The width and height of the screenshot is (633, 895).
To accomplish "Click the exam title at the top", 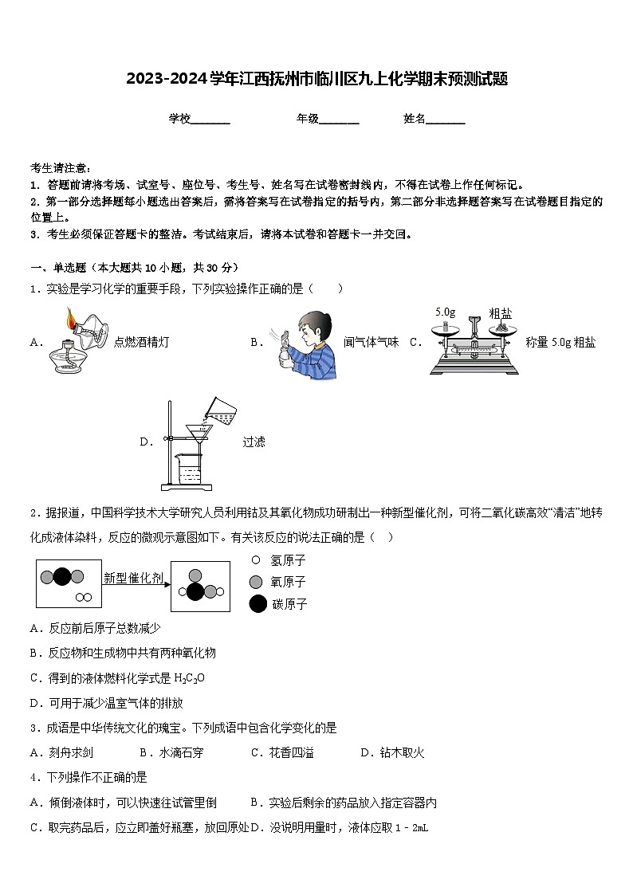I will [316, 79].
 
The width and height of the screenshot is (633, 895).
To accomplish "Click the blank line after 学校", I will [210, 120].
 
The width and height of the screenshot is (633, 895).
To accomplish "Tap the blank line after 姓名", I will [446, 120].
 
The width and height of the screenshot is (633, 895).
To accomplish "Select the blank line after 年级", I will [339, 120].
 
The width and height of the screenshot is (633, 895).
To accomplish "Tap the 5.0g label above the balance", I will [445, 312].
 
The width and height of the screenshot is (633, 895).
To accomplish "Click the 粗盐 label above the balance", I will [500, 312].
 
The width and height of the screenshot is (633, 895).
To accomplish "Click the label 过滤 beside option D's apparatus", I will [254, 442].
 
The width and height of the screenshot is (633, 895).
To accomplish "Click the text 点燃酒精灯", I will [141, 342].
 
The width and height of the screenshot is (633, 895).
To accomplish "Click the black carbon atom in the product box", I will [195, 591].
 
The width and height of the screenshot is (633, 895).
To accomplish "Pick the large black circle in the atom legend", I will [257, 604].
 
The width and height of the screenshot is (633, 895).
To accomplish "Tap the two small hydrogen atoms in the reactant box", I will [82, 597].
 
